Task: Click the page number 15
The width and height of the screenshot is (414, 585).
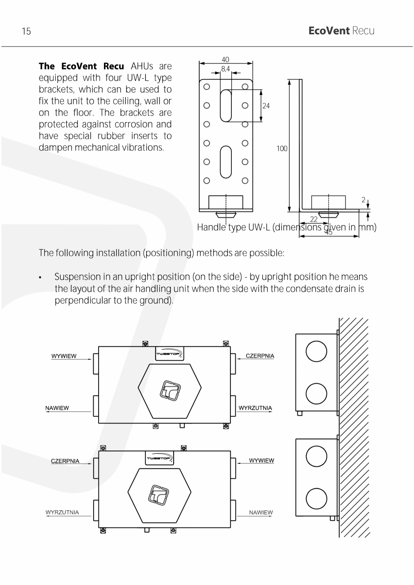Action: pos(26,31)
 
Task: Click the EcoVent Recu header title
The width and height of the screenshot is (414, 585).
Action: pos(341,31)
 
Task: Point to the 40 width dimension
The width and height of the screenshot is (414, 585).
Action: pos(225,59)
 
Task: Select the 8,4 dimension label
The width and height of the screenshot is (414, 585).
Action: pos(225,69)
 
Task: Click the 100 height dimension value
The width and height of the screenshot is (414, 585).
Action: pos(282,148)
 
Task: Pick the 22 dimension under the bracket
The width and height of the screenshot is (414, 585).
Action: pos(314,219)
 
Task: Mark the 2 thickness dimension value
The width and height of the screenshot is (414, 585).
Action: pos(363,200)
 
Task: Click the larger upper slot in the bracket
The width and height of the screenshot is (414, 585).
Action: pos(225,105)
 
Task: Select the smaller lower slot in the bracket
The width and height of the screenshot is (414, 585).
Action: pos(225,162)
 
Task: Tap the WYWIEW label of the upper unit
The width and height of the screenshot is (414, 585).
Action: pos(64,356)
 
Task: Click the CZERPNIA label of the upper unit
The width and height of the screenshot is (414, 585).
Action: pos(260,356)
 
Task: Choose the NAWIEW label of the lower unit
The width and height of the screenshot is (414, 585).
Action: pos(261,512)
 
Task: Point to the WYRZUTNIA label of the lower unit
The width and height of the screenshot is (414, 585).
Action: pos(62,512)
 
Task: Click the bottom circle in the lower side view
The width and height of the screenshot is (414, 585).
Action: pos(316,499)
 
